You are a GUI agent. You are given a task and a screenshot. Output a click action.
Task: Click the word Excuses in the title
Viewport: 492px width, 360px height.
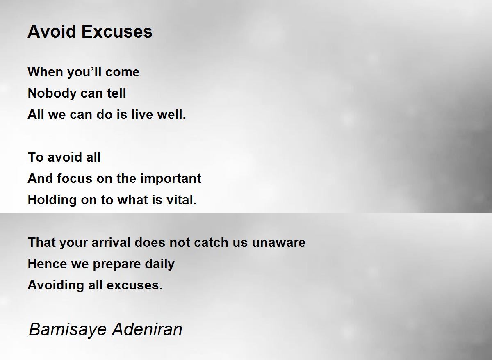[117, 32]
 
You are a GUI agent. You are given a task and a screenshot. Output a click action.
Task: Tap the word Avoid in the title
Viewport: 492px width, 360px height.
[52, 32]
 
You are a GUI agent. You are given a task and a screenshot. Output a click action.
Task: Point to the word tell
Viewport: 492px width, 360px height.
[116, 93]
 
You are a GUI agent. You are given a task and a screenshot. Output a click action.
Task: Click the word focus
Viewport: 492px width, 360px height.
[75, 178]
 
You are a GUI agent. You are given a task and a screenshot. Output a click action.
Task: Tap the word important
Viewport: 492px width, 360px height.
[171, 178]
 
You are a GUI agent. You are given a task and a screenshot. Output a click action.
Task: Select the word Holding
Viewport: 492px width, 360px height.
[52, 200]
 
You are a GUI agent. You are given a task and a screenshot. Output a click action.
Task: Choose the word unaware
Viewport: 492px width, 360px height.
[278, 242]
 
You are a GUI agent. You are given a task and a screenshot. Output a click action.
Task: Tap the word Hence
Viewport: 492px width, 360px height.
[47, 264]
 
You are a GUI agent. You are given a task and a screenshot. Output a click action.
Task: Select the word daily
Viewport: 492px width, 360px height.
[159, 264]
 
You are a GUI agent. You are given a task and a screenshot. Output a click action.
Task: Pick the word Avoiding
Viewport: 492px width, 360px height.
[56, 285]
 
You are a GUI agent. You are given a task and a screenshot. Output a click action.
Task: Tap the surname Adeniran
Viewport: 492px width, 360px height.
[147, 329]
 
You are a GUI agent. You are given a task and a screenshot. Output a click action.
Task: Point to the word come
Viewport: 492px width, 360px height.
[122, 73]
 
